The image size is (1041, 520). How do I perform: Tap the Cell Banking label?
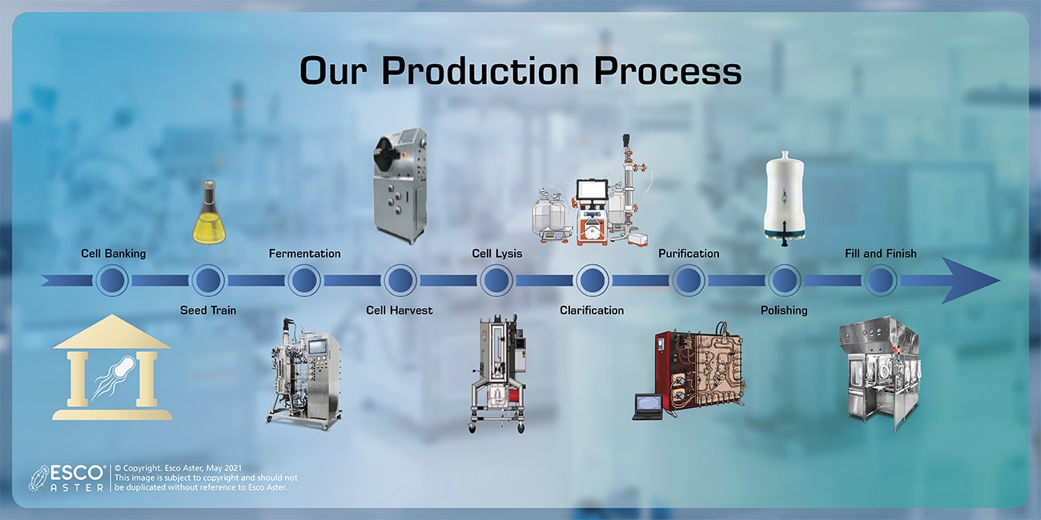(113, 254)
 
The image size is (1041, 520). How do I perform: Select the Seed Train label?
(208, 310)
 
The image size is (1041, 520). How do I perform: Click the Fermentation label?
(304, 254)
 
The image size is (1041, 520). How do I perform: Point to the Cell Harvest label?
(399, 310)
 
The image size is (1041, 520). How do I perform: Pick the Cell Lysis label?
(496, 254)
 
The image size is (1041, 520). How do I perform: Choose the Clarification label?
(592, 310)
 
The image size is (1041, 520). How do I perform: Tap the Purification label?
(689, 254)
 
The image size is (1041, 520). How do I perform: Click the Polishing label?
(783, 310)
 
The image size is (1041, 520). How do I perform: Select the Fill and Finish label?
(880, 254)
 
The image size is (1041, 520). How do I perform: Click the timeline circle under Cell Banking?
(112, 281)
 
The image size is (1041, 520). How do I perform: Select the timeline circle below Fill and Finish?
(881, 281)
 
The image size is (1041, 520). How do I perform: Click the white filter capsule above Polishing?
(784, 198)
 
